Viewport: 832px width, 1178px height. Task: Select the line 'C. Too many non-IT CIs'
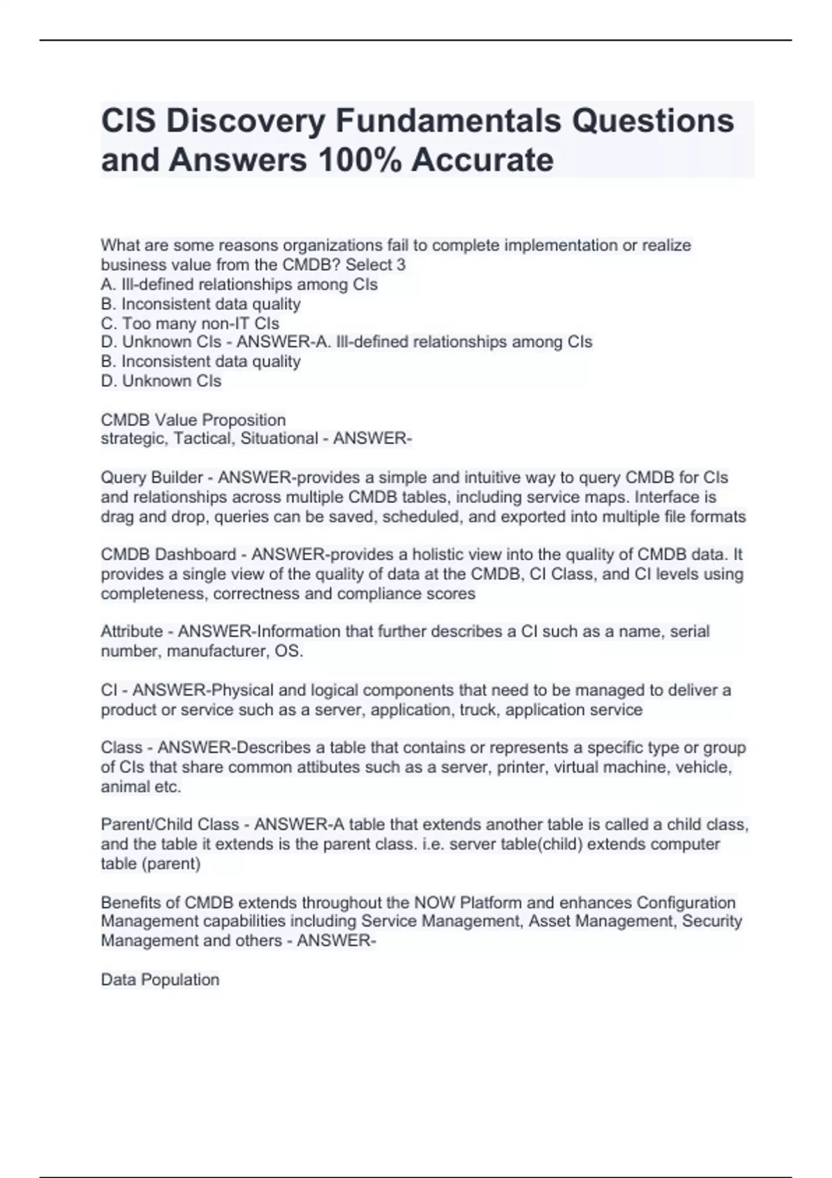[x=190, y=323]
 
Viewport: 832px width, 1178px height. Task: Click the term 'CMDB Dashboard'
[x=168, y=554]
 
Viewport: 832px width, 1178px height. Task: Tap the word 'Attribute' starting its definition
[x=132, y=631]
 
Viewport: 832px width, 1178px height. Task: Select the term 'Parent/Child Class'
[x=170, y=825]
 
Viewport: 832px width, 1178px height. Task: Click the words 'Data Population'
[x=160, y=979]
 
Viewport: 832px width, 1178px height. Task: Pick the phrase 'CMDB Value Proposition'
[x=193, y=420]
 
